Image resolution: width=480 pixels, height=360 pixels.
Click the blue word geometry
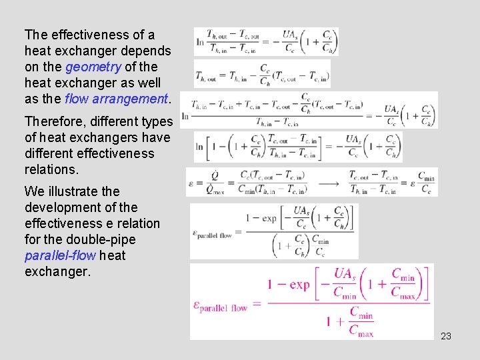click(93, 67)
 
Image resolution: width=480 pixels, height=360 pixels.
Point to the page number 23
click(446, 336)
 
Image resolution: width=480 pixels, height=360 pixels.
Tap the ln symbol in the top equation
click(200, 41)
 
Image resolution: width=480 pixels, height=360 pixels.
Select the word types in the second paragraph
click(156, 121)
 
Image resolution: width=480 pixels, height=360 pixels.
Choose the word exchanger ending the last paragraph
click(57, 271)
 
